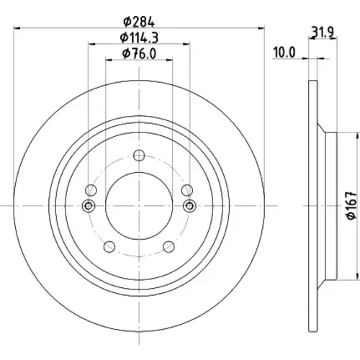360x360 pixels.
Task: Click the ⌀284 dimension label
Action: click(x=139, y=22)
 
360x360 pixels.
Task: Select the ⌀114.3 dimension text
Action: click(x=139, y=37)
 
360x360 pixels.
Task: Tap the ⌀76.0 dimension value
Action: click(x=139, y=53)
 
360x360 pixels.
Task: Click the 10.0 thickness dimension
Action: click(x=284, y=53)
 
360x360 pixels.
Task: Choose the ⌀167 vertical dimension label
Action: click(x=351, y=205)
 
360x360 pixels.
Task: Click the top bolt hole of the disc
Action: click(x=139, y=156)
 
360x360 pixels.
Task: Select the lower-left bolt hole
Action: click(x=109, y=246)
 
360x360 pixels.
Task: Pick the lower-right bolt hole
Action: click(x=168, y=246)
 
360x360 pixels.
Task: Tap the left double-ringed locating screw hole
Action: click(x=89, y=206)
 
